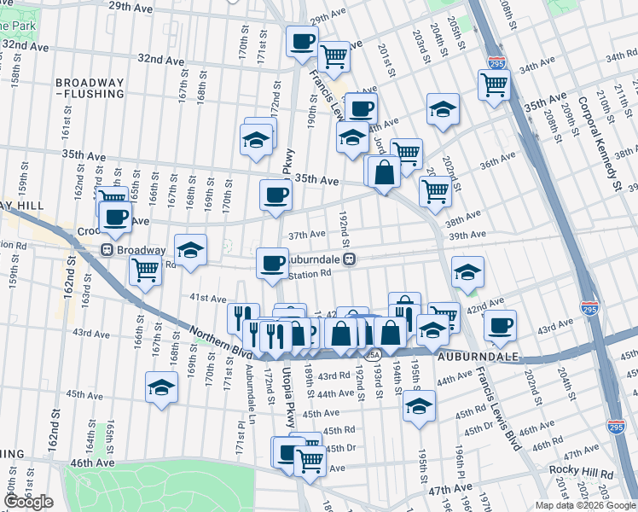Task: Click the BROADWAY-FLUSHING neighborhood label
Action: pyautogui.click(x=90, y=89)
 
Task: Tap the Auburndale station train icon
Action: pyautogui.click(x=350, y=259)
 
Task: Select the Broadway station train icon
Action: pyautogui.click(x=107, y=250)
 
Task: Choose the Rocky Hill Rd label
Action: pyautogui.click(x=581, y=472)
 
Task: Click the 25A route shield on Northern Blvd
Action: pyautogui.click(x=373, y=354)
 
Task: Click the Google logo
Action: pyautogui.click(x=29, y=502)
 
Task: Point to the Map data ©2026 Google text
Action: pyautogui.click(x=584, y=505)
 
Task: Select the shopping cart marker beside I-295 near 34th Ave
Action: pyautogui.click(x=494, y=85)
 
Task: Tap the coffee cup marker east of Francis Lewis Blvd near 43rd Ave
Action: pyautogui.click(x=500, y=325)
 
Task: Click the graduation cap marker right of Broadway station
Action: pyautogui.click(x=191, y=249)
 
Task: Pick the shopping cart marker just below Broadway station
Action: pyautogui.click(x=146, y=270)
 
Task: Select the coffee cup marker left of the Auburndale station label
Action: pyautogui.click(x=272, y=262)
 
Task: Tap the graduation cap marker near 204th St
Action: pyautogui.click(x=443, y=109)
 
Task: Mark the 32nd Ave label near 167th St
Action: pyautogui.click(x=161, y=61)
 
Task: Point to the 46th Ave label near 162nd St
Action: pyautogui.click(x=93, y=463)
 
